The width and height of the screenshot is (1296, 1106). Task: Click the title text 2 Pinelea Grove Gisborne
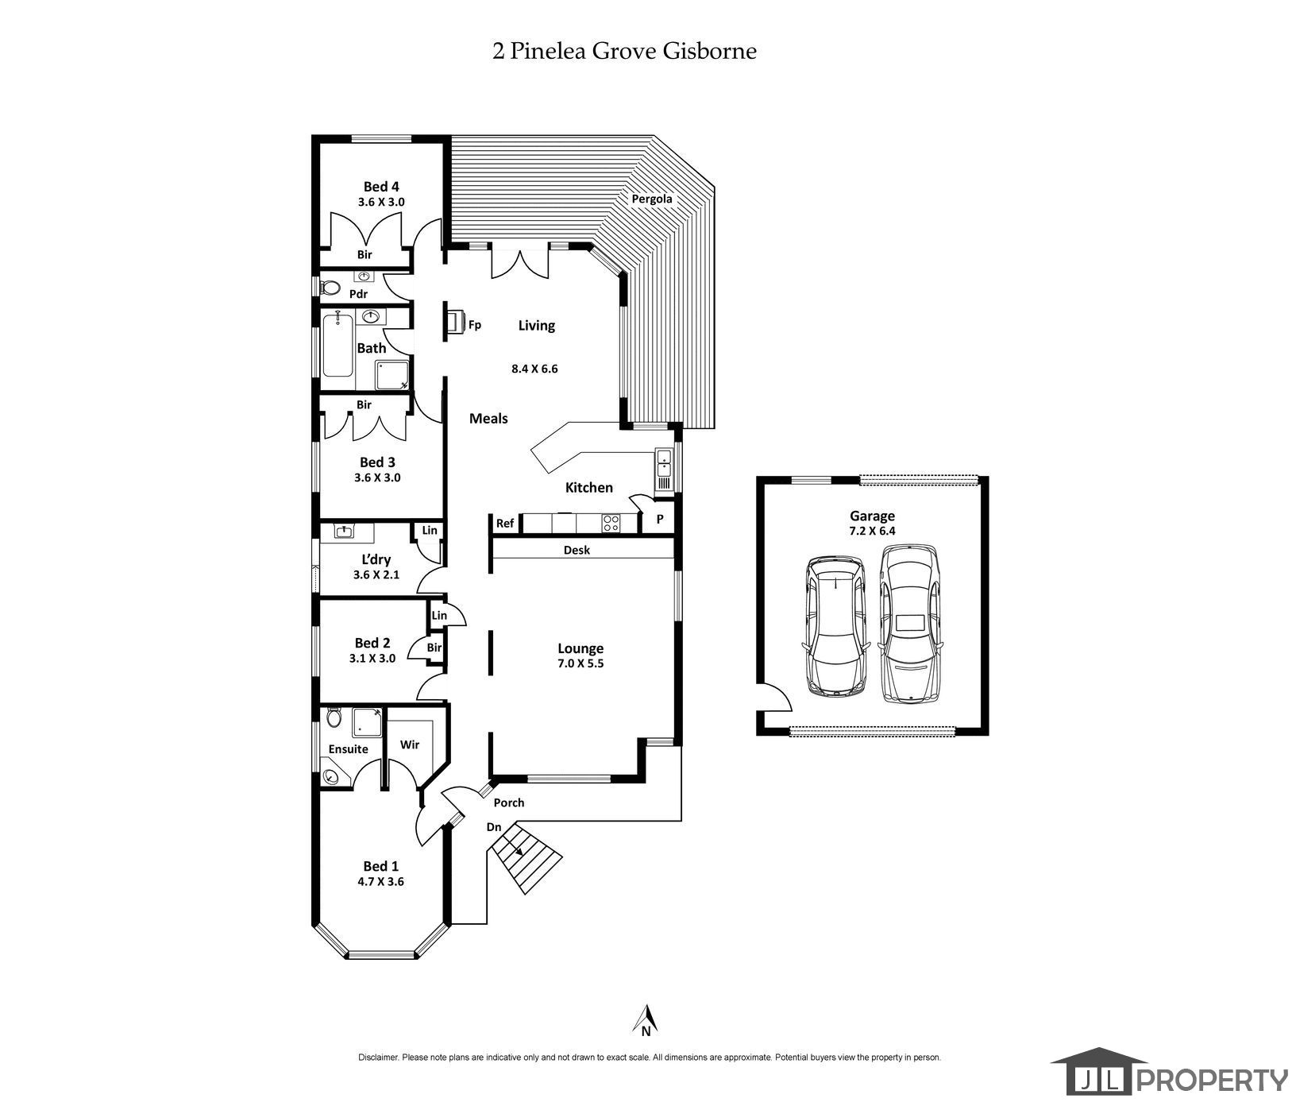point(624,52)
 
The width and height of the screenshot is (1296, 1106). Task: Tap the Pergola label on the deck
point(651,199)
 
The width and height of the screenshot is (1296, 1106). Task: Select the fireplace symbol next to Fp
point(455,323)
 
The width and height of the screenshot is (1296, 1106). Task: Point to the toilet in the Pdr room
point(328,288)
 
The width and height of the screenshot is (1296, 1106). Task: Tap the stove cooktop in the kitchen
point(611,523)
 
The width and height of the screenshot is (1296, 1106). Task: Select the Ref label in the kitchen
point(505,523)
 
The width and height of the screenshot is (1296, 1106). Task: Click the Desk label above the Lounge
point(577,550)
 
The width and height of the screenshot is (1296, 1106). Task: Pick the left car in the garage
point(835,625)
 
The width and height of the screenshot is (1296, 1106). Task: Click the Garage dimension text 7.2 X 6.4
point(872,531)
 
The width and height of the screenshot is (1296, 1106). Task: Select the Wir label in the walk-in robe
point(409,744)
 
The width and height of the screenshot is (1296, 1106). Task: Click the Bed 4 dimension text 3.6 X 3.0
point(380,202)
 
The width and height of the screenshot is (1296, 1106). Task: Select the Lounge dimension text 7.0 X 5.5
point(580,663)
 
